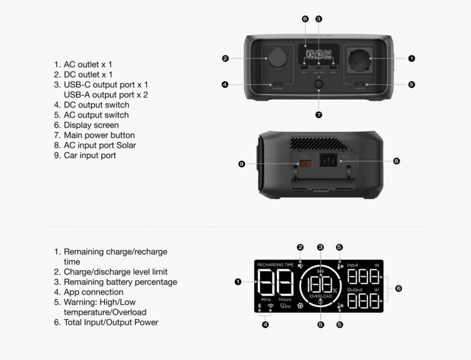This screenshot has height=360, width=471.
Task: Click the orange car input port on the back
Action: click(306, 164)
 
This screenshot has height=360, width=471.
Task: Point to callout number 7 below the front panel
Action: click(319, 115)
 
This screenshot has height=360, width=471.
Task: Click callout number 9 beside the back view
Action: click(241, 164)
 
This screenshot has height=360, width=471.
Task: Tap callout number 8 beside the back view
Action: click(396, 161)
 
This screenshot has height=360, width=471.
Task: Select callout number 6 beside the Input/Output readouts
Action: click(398, 288)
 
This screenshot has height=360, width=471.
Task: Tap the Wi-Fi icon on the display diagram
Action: click(271, 306)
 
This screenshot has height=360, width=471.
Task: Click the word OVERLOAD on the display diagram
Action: click(320, 295)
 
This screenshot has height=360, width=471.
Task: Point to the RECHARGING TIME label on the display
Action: click(275, 265)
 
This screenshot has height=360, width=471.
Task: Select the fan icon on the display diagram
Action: click(299, 306)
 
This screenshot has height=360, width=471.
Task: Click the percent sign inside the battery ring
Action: click(335, 290)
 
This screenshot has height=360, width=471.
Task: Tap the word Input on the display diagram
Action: click(352, 265)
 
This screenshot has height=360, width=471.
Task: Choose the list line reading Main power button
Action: click(94, 135)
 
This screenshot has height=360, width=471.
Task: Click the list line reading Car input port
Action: click(90, 155)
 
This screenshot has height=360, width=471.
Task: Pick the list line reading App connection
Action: click(94, 292)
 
